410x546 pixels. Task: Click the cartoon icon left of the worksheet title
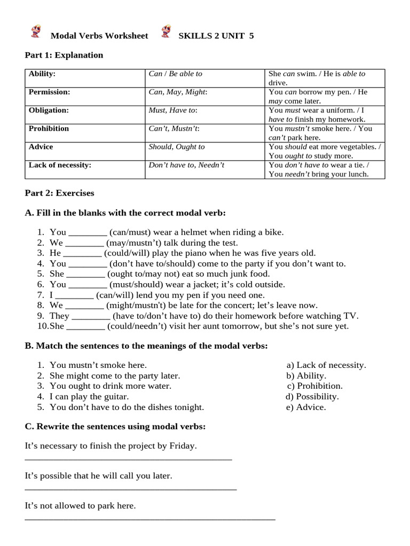(x=36, y=32)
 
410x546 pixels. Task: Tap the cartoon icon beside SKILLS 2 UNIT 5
(x=167, y=31)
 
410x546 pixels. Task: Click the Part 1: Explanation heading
(x=64, y=55)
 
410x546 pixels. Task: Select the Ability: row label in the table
(x=42, y=74)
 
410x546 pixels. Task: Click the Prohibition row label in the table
(x=49, y=129)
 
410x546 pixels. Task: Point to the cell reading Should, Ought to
(x=177, y=147)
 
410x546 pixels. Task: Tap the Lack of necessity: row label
(x=60, y=165)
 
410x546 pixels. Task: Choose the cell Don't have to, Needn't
(x=186, y=165)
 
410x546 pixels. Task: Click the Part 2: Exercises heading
(x=59, y=193)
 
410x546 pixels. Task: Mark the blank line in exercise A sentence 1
(x=88, y=233)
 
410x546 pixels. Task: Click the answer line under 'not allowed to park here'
(x=150, y=518)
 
